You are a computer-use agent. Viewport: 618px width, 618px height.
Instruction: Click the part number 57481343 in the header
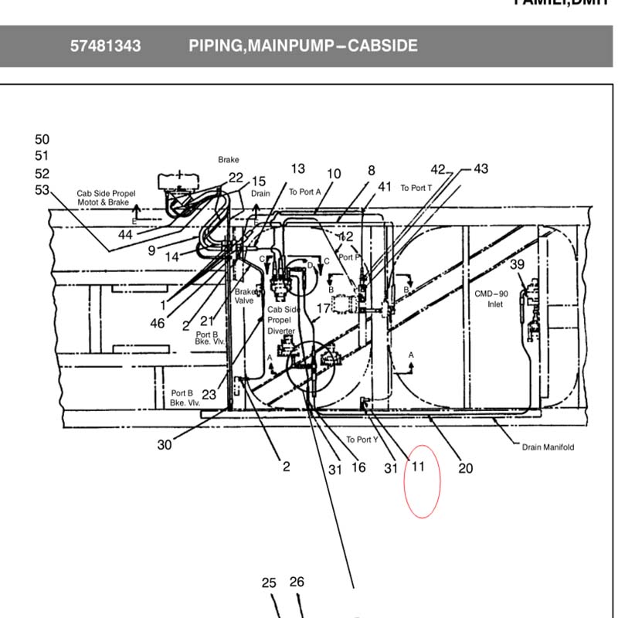(x=106, y=46)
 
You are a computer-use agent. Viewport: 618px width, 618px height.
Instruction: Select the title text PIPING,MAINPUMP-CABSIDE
(x=303, y=46)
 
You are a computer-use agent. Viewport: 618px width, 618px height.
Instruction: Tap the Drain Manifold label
(x=548, y=447)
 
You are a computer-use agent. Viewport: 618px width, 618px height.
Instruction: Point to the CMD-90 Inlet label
(x=491, y=299)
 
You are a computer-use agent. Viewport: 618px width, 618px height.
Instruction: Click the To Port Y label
(x=362, y=440)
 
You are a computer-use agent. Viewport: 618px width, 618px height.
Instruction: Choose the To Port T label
(x=416, y=188)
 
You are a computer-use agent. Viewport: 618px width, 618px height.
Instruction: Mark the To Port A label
(x=304, y=192)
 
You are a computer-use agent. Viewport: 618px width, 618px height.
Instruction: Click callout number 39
(x=517, y=265)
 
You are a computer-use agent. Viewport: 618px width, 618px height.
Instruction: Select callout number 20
(x=466, y=468)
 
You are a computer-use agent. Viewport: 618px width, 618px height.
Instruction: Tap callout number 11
(x=418, y=466)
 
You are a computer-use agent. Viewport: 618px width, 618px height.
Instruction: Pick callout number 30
(x=164, y=445)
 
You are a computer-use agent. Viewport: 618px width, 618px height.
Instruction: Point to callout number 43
(x=480, y=168)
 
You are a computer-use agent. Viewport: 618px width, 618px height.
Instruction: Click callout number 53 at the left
(x=42, y=190)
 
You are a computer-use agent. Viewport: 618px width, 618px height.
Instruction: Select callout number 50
(x=42, y=140)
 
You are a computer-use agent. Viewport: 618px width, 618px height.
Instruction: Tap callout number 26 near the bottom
(x=297, y=582)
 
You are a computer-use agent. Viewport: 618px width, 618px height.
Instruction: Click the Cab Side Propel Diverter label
(x=281, y=320)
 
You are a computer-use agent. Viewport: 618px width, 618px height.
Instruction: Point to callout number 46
(x=158, y=324)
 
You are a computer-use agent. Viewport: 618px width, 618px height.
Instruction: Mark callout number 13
(x=297, y=168)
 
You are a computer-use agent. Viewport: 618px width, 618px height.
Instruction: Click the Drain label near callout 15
(x=260, y=194)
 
